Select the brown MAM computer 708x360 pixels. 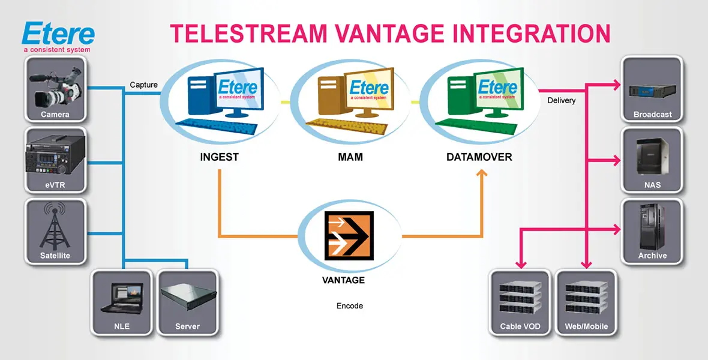(x=350, y=100)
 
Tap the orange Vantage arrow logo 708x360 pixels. (x=350, y=236)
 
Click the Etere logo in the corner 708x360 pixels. (x=58, y=36)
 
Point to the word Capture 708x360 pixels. (x=144, y=85)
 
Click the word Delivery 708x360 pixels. (x=562, y=100)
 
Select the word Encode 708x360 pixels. (x=350, y=306)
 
